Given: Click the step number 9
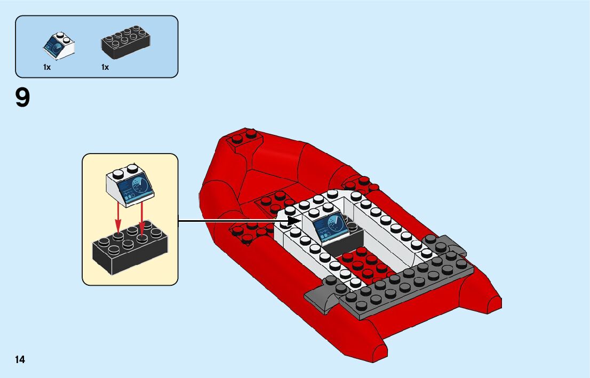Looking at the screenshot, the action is coord(22,98).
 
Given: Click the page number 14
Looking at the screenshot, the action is coord(20,359).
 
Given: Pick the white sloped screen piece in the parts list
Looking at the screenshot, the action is coord(58,46).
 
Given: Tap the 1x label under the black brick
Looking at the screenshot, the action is coord(105,68).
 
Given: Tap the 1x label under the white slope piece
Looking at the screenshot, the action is coord(47,68).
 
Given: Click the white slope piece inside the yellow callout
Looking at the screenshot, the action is coord(131,184).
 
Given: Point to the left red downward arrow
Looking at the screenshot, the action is coord(118,221).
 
